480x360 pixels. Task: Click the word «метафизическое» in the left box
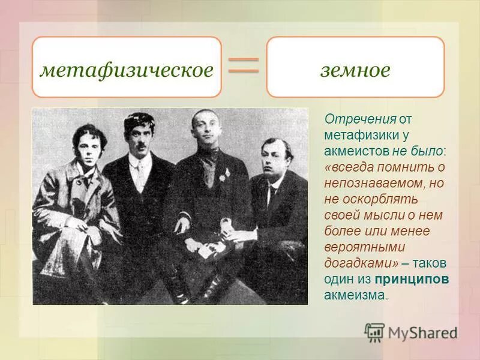pos(127,70)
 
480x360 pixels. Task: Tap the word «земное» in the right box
pos(355,70)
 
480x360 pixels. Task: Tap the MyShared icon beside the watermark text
pos(374,332)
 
